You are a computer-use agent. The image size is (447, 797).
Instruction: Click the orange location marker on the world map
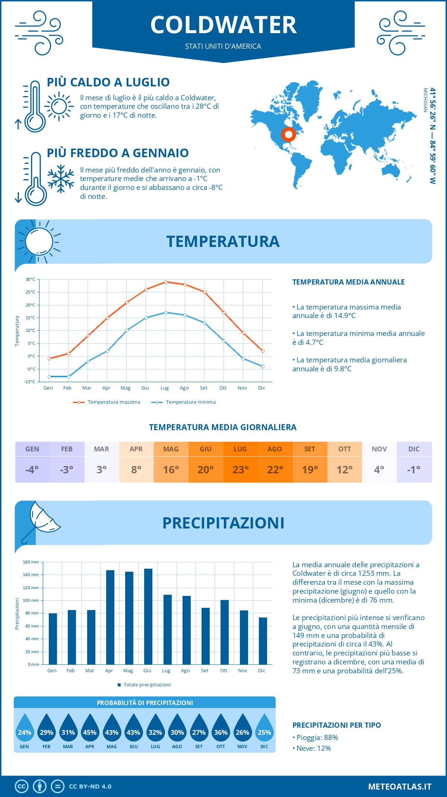click(x=288, y=134)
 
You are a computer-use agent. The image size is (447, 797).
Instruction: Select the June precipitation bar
click(x=148, y=616)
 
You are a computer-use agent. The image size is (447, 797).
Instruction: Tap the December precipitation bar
click(x=263, y=641)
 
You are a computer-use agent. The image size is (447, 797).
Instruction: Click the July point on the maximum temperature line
click(x=166, y=282)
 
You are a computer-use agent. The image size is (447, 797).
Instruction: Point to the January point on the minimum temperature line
click(x=49, y=377)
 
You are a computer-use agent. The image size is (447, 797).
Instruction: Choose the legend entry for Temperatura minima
click(x=184, y=402)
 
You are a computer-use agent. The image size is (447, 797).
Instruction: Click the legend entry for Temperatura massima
click(x=107, y=402)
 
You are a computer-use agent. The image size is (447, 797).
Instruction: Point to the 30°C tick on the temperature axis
click(x=31, y=279)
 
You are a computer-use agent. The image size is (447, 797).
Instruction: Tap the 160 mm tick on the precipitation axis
click(x=31, y=562)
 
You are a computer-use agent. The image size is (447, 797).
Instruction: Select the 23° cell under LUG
click(x=240, y=470)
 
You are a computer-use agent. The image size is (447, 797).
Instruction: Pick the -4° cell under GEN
click(x=32, y=470)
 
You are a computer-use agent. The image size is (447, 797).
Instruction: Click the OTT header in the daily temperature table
click(x=345, y=449)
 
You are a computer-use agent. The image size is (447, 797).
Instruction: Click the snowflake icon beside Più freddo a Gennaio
click(x=61, y=178)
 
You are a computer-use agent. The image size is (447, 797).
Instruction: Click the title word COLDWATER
click(x=223, y=25)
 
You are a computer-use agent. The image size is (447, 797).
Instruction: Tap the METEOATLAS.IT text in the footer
click(x=400, y=787)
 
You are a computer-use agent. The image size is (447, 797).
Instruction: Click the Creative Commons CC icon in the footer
click(x=22, y=787)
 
